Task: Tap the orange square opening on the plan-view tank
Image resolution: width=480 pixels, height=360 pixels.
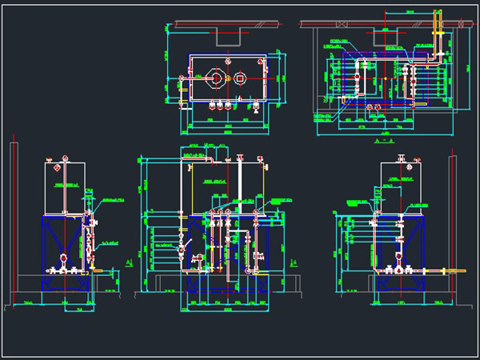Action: (x=239, y=78)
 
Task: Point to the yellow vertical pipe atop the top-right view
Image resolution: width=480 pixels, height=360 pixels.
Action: (x=437, y=20)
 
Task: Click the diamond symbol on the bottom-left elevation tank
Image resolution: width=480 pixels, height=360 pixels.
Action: (x=58, y=170)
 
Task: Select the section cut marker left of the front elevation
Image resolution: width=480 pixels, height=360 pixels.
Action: (x=130, y=262)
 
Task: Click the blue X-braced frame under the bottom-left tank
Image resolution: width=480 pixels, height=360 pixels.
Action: (x=64, y=240)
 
